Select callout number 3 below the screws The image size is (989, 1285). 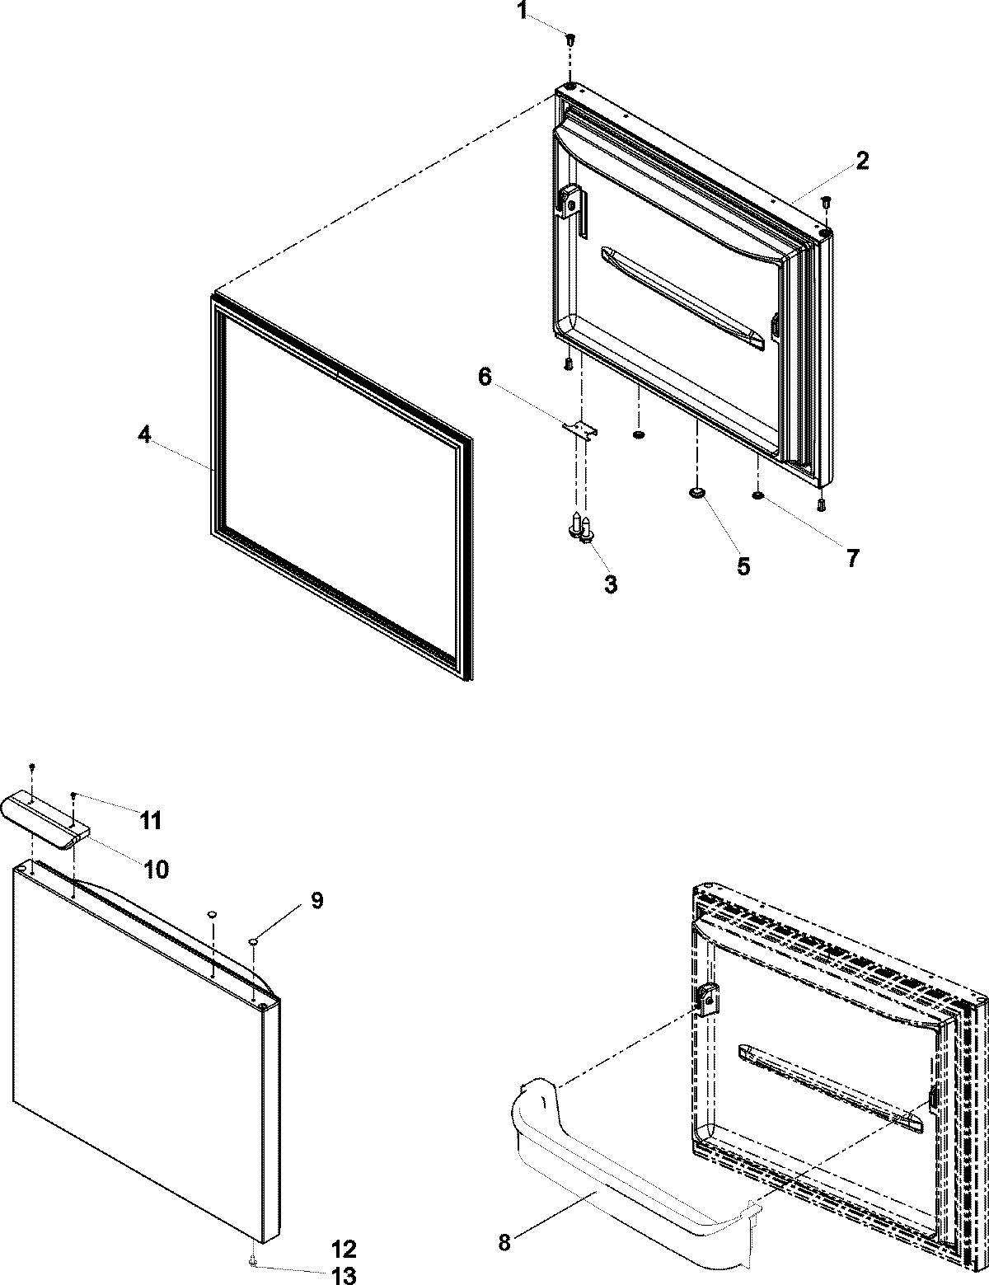point(610,584)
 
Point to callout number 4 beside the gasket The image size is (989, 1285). point(144,435)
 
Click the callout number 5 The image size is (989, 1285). point(743,566)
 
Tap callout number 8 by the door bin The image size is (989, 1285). point(504,1243)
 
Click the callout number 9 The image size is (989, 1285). point(316,901)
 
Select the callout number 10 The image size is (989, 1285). point(157,868)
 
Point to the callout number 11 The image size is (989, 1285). point(150,820)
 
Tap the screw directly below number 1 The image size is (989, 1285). point(569,38)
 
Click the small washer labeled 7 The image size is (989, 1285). point(757,495)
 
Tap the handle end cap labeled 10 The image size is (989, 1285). point(45,816)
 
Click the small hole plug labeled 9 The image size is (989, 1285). point(254,940)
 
